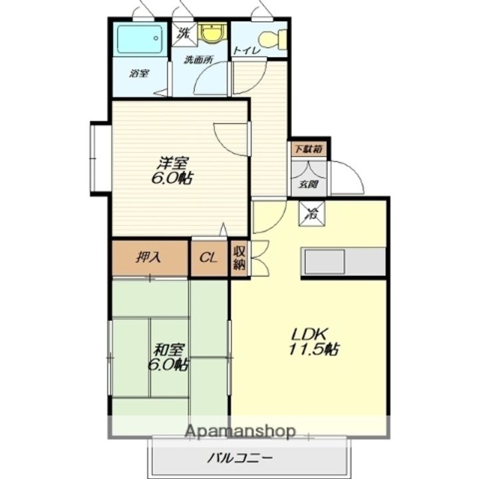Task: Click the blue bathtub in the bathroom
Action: coord(140,39)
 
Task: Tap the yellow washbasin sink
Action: coord(212,33)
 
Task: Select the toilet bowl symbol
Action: coord(273,39)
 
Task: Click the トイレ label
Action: coord(246,51)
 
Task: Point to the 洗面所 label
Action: coord(198,60)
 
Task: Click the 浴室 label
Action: coord(139,73)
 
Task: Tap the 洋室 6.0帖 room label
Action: coord(172,171)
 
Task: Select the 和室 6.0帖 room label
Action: coord(168,357)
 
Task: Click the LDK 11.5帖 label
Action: coord(314,341)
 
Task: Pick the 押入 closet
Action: coord(150,258)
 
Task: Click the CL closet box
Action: coord(210,258)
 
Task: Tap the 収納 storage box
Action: coord(239,258)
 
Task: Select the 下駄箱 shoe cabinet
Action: coord(309,150)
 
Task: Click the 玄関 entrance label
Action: coord(309,184)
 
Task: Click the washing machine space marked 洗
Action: coord(184,33)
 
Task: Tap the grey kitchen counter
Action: coord(343,262)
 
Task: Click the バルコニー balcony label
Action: coord(239,458)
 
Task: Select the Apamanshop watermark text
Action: coord(240,432)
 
